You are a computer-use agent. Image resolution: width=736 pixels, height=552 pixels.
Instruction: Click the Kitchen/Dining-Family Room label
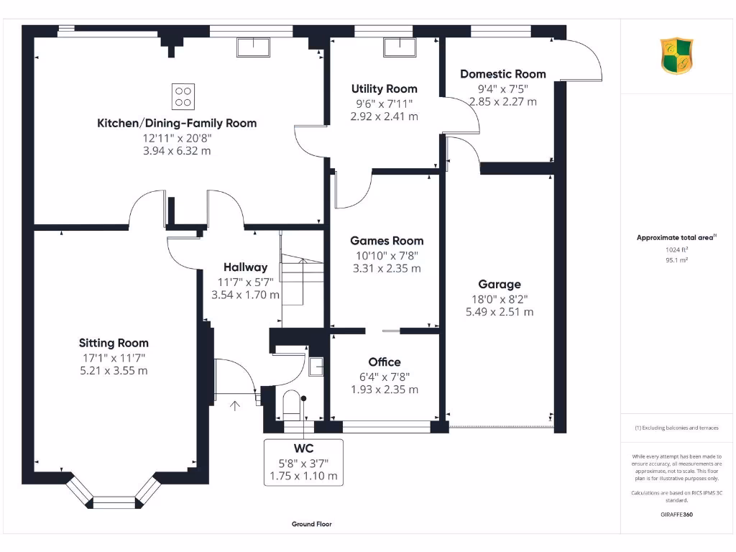click(x=177, y=123)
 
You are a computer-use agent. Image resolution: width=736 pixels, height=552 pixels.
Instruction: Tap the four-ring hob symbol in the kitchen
click(x=183, y=96)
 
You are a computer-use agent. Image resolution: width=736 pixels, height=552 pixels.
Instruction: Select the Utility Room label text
click(x=384, y=89)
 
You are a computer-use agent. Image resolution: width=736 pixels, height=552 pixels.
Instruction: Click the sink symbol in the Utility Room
click(x=400, y=47)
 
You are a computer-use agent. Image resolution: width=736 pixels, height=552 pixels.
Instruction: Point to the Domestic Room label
click(x=502, y=74)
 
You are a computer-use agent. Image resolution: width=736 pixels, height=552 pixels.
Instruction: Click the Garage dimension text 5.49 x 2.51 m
click(x=500, y=312)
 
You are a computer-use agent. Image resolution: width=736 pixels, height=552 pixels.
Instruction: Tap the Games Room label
click(x=387, y=241)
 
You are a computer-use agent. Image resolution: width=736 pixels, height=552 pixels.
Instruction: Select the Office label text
click(x=385, y=362)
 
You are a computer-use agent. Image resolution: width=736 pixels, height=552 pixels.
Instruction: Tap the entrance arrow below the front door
click(x=235, y=405)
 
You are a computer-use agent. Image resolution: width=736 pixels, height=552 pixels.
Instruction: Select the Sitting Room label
click(x=114, y=343)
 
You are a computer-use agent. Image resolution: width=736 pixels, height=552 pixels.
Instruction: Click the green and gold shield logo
click(x=676, y=56)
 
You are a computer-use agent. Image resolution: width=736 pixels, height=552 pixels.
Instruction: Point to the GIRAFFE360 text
click(x=676, y=515)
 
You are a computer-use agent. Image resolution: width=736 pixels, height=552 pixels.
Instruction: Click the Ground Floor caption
click(x=312, y=524)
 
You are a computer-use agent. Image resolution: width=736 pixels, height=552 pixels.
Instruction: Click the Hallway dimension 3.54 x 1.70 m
click(x=245, y=295)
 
